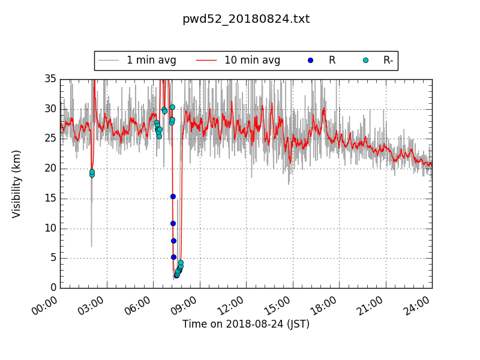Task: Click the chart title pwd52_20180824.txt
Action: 246,19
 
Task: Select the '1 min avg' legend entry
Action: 137,60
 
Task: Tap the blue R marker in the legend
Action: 310,60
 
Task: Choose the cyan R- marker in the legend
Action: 365,60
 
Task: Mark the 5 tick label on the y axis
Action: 53,258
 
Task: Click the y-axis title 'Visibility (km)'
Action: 17,184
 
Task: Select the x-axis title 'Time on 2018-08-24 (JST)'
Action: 246,324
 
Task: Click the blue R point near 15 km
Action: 173,196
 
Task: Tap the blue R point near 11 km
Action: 173,223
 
